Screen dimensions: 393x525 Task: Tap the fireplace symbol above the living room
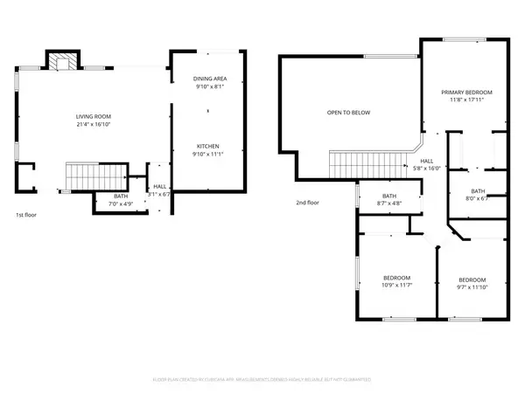(x=61, y=62)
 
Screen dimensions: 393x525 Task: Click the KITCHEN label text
(x=207, y=146)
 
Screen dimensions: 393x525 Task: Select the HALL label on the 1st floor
(x=160, y=186)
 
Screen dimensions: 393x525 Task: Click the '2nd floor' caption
(x=306, y=202)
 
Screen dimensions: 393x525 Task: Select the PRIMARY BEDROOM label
(x=466, y=92)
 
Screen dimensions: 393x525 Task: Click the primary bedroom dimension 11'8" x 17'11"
(x=466, y=100)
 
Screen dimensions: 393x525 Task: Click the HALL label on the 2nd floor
(x=426, y=161)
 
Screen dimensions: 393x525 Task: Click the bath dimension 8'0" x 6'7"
(x=477, y=198)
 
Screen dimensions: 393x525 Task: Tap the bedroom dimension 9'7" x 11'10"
(x=472, y=286)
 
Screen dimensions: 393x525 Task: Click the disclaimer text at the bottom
(x=262, y=380)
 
